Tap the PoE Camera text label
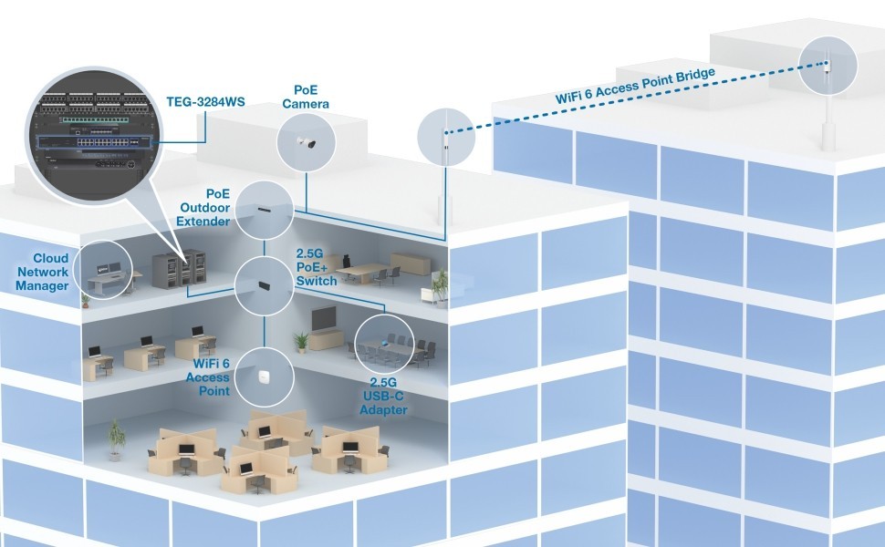(305, 97)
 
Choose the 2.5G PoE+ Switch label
(317, 266)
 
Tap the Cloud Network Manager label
(43, 273)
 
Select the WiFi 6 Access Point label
(207, 377)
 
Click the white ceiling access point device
(265, 377)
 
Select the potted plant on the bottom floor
(115, 439)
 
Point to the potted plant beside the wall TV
(301, 342)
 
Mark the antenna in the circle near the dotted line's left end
(446, 138)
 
